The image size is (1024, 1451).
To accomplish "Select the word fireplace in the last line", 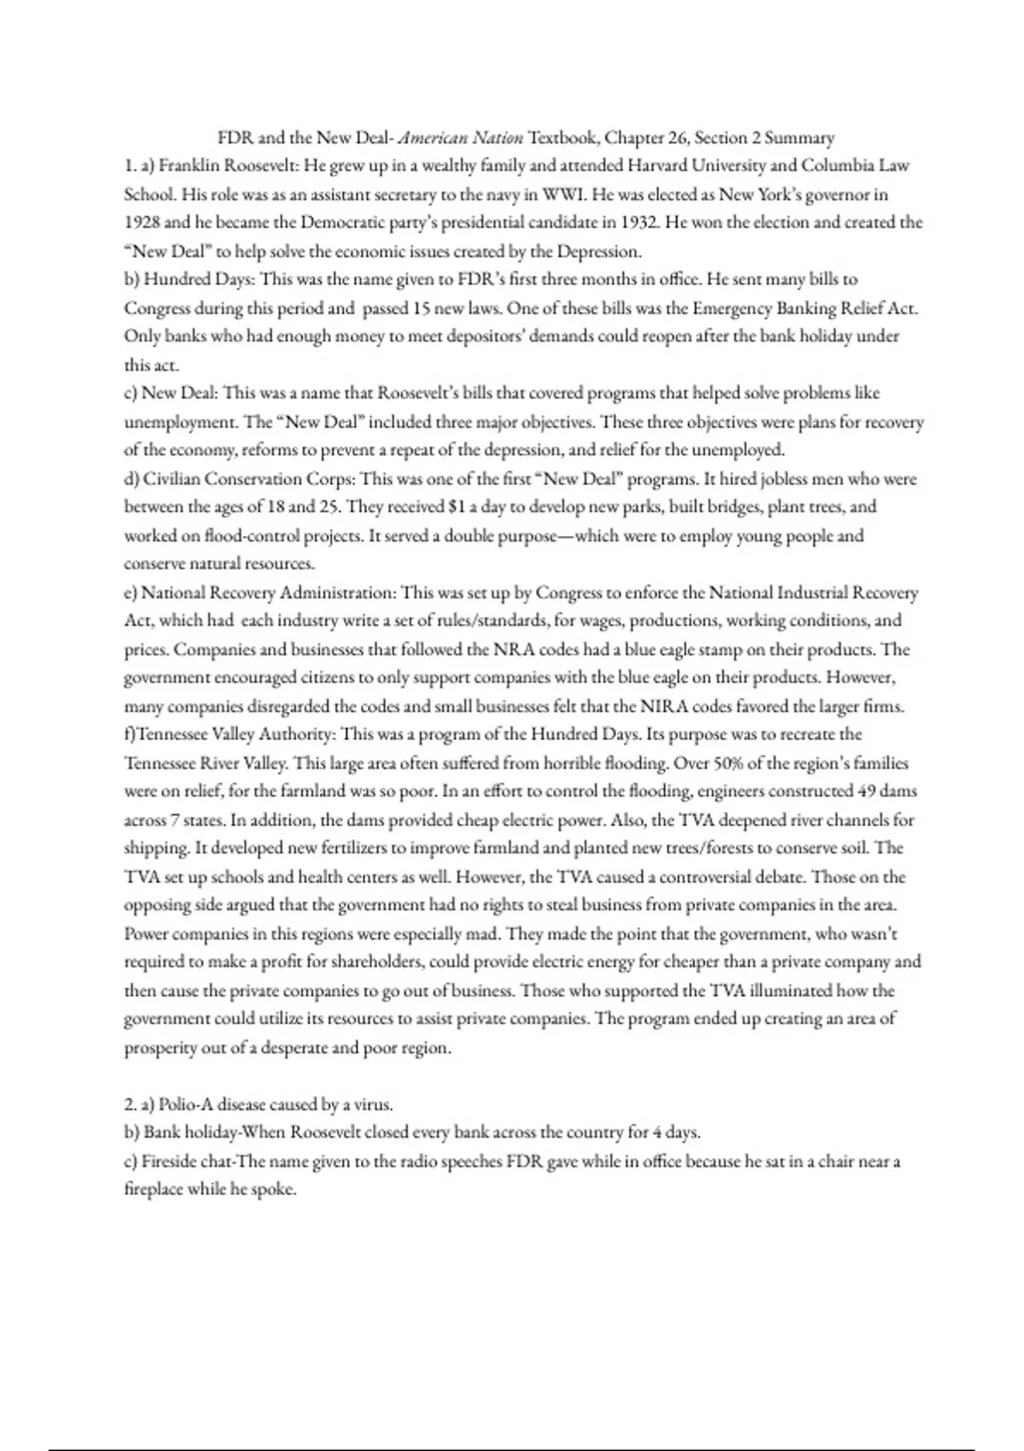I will click(154, 1190).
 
